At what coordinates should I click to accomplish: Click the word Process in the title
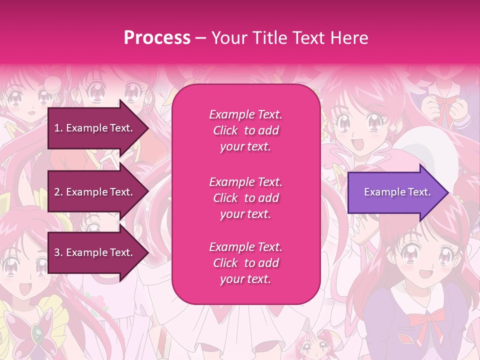coord(157,38)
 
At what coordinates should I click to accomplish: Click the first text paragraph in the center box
coord(245,130)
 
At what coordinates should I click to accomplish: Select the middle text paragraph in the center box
coord(245,198)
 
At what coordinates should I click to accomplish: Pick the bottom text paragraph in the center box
coord(245,263)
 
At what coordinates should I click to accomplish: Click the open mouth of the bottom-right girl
coord(425,274)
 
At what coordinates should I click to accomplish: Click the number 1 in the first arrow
coord(57,128)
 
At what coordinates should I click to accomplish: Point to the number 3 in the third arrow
coord(57,252)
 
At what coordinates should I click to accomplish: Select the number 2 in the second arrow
coord(57,192)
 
